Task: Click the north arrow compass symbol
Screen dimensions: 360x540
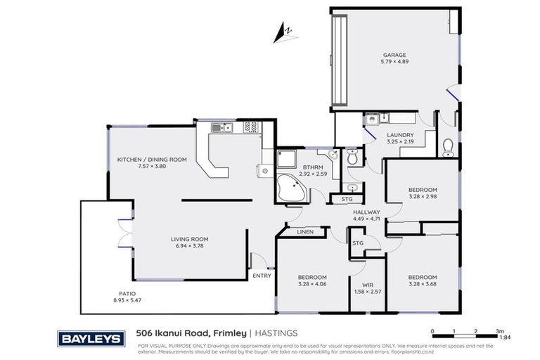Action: tap(285, 31)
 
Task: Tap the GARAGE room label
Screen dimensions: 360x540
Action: tap(394, 54)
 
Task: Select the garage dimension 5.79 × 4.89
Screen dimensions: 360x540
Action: tap(394, 61)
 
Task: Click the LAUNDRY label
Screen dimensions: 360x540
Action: tap(399, 135)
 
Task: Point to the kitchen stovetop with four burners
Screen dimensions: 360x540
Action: tap(250, 127)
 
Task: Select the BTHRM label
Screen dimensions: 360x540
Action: tap(310, 167)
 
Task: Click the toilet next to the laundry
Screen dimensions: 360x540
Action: tap(447, 146)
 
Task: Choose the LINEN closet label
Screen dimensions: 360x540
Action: tap(304, 231)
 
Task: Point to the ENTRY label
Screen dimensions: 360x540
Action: tap(262, 276)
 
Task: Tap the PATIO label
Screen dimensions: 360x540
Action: tap(127, 293)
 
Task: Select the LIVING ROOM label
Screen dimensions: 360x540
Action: tap(189, 239)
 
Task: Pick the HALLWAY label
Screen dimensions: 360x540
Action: tap(366, 212)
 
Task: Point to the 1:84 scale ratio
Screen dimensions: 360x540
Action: tap(505, 337)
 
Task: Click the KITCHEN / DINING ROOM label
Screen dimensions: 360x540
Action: tap(152, 160)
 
